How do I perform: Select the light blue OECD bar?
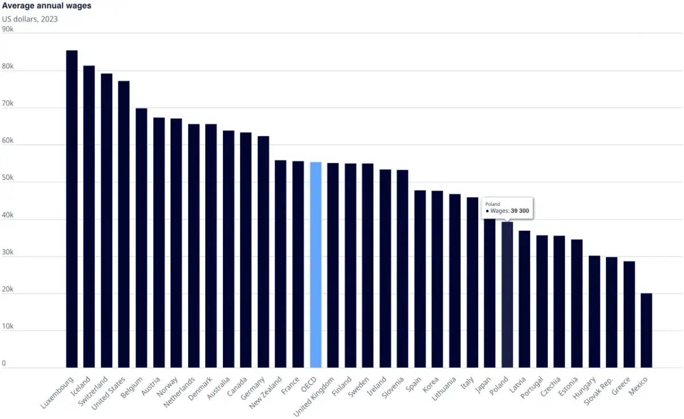[x=316, y=265]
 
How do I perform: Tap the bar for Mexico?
[x=646, y=331]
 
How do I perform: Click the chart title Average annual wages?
[x=46, y=6]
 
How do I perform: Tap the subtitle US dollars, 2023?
[x=30, y=19]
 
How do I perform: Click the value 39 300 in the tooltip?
[x=520, y=211]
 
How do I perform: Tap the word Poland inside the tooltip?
[x=492, y=204]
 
